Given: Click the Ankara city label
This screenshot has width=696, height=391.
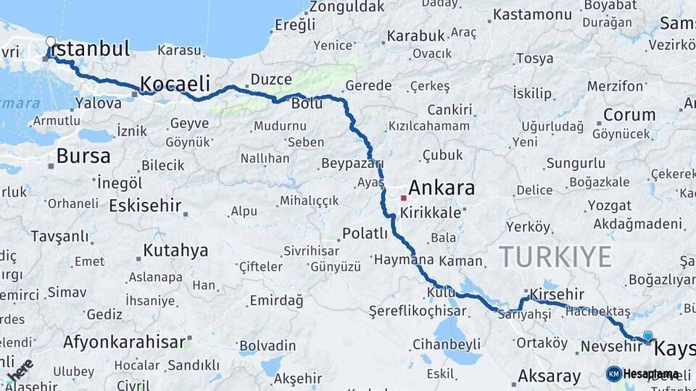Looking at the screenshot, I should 442,188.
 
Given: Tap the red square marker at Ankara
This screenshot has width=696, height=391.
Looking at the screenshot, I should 403,197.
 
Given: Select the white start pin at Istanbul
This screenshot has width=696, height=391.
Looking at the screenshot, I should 50,42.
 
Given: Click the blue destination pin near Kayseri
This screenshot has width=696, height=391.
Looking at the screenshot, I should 647,336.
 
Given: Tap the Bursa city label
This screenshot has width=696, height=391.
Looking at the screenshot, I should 83,156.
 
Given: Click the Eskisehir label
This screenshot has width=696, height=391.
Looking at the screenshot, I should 145,206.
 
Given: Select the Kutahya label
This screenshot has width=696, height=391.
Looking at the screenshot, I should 175,251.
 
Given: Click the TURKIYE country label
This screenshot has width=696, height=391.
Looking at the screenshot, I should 555,256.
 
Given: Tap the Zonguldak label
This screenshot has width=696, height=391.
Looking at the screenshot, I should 347,7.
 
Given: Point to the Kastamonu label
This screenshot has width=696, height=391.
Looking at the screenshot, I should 533,14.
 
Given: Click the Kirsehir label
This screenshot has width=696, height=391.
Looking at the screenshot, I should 557,294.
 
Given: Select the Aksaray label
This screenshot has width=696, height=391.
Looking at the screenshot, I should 549,377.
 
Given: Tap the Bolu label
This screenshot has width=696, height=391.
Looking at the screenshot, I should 307,104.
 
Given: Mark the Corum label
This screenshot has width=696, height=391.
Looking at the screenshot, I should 629,114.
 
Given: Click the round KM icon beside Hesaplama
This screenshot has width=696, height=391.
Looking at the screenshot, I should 614,374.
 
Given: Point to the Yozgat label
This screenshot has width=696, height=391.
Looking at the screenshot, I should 609,205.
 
